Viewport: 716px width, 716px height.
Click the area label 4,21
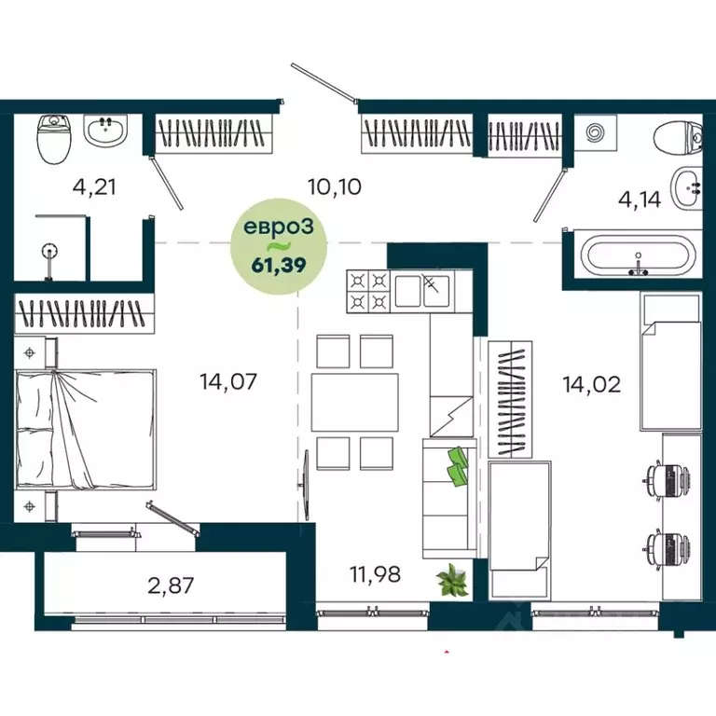point(94,186)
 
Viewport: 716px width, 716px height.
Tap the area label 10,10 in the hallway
point(334,186)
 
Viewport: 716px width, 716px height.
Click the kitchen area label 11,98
point(375,574)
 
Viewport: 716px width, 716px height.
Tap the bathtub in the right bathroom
point(638,255)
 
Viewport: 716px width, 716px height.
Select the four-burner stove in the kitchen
point(367,290)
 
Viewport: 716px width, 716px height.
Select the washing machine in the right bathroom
point(594,133)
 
